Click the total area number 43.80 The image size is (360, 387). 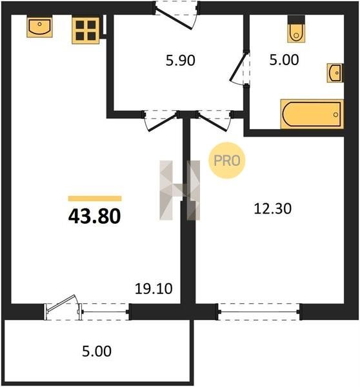coord(95,216)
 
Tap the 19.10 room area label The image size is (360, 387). coord(154,288)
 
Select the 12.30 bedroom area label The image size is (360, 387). coord(273,208)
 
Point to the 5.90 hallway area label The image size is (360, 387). coord(181,61)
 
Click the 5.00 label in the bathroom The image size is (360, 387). coord(284,60)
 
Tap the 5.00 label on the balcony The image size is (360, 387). coord(97,352)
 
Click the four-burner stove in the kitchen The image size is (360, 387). coord(86,30)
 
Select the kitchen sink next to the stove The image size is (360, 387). coord(39,27)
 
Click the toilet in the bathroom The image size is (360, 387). coord(296,29)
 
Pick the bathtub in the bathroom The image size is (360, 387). coord(312,114)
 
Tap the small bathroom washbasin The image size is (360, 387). coord(335,73)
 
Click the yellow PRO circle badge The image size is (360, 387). coord(227,161)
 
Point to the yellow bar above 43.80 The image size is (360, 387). coord(95,199)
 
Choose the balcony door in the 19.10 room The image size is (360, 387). coord(63,308)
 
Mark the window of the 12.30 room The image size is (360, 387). coord(259,312)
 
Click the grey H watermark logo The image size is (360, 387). coord(180,190)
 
